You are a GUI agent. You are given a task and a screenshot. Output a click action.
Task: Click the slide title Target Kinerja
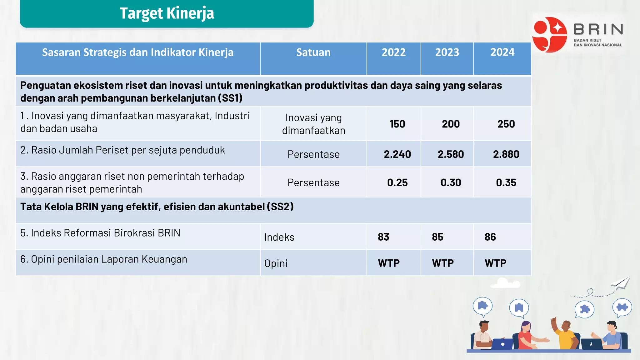point(167,13)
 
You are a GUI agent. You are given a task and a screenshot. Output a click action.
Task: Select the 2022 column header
point(393,52)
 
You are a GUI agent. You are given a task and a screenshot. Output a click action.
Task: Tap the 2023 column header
point(447,52)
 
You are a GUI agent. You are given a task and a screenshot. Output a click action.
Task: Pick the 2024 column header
point(502,52)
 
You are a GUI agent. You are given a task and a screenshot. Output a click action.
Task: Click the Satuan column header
point(313,52)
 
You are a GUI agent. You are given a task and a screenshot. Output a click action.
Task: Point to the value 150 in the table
point(397,124)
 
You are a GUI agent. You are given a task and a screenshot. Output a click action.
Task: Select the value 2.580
point(451,154)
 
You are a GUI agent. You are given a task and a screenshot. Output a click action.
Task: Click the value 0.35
point(506,182)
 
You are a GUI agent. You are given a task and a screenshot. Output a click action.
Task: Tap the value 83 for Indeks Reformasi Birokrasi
point(383,237)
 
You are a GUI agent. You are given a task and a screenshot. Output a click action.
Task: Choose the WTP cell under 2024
point(495,263)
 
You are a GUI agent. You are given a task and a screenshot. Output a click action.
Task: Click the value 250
point(506,124)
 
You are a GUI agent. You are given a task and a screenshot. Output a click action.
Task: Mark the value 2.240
point(397,154)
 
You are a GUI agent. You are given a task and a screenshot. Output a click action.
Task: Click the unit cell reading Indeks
point(279,237)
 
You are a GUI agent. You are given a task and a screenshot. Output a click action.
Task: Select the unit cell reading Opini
point(276,263)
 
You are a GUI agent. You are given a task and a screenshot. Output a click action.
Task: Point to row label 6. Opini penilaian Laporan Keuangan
point(104,259)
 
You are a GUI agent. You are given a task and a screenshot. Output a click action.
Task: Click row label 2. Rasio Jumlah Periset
point(122,150)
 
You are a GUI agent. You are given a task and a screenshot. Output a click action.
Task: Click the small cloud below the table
point(505,283)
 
